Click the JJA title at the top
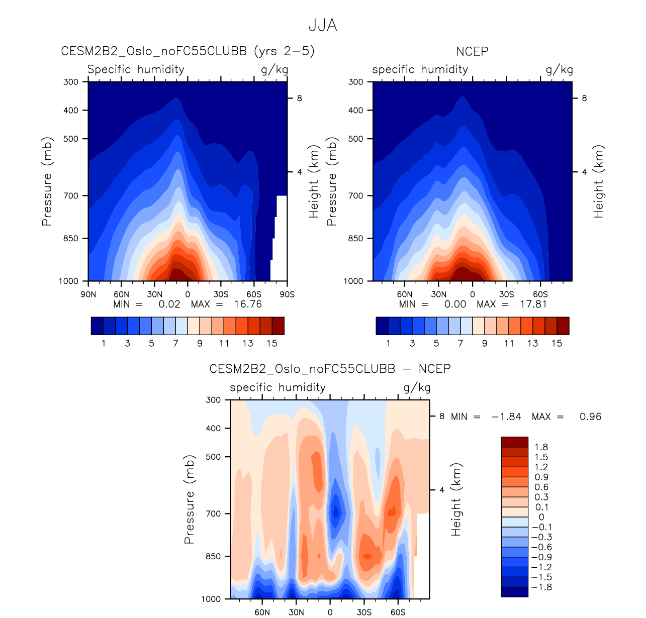(322, 25)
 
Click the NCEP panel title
(472, 51)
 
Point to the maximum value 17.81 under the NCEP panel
(533, 304)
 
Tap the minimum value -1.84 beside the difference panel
(506, 417)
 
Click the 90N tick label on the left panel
(88, 294)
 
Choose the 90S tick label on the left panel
(287, 294)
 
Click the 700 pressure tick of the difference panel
(214, 513)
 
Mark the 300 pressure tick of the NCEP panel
(356, 82)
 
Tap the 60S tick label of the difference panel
(398, 612)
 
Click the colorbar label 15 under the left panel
(272, 344)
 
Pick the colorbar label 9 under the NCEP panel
(485, 344)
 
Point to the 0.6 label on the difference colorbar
(541, 487)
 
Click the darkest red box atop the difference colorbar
(514, 442)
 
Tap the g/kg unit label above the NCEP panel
(559, 69)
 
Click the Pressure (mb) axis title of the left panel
(47, 181)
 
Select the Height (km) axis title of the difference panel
(456, 499)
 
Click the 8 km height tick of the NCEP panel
(584, 98)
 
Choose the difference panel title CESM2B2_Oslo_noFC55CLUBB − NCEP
(330, 369)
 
